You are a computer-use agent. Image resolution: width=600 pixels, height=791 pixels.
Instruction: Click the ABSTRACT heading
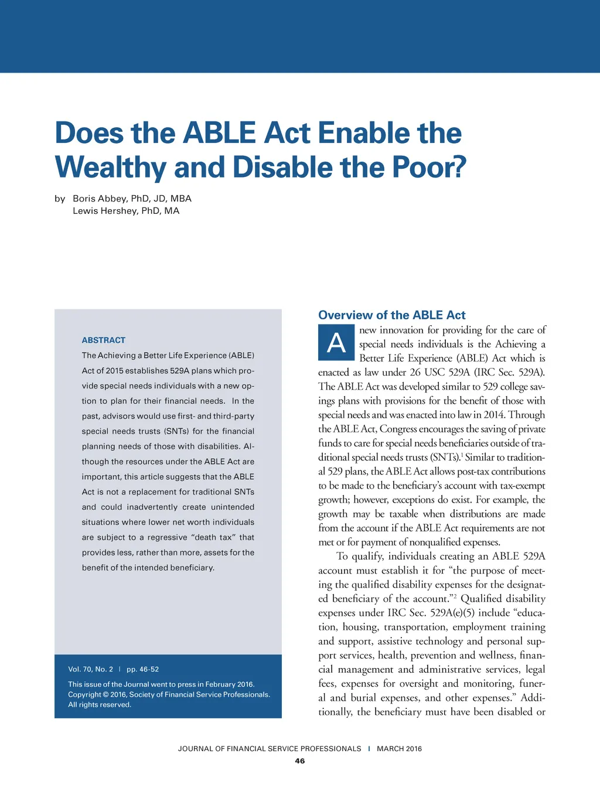tap(104, 340)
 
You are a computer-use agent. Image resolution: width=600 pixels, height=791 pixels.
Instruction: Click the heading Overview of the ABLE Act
tap(391, 315)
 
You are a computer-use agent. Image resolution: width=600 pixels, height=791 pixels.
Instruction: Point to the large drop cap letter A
tap(336, 343)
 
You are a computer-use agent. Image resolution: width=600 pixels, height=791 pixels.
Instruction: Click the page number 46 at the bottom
tap(300, 761)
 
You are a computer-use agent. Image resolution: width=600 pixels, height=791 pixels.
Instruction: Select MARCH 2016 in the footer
tap(399, 749)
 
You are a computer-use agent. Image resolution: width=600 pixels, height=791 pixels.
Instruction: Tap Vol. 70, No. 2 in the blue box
tap(90, 669)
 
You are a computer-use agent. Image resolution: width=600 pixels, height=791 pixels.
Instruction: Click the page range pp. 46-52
tap(142, 669)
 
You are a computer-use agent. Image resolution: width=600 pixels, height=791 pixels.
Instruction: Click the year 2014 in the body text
tap(494, 415)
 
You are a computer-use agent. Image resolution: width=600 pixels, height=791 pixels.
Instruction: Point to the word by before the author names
tap(60, 199)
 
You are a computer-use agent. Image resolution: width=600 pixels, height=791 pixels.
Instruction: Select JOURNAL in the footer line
tap(195, 749)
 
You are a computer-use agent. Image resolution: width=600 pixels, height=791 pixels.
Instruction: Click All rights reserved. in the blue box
tap(100, 705)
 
